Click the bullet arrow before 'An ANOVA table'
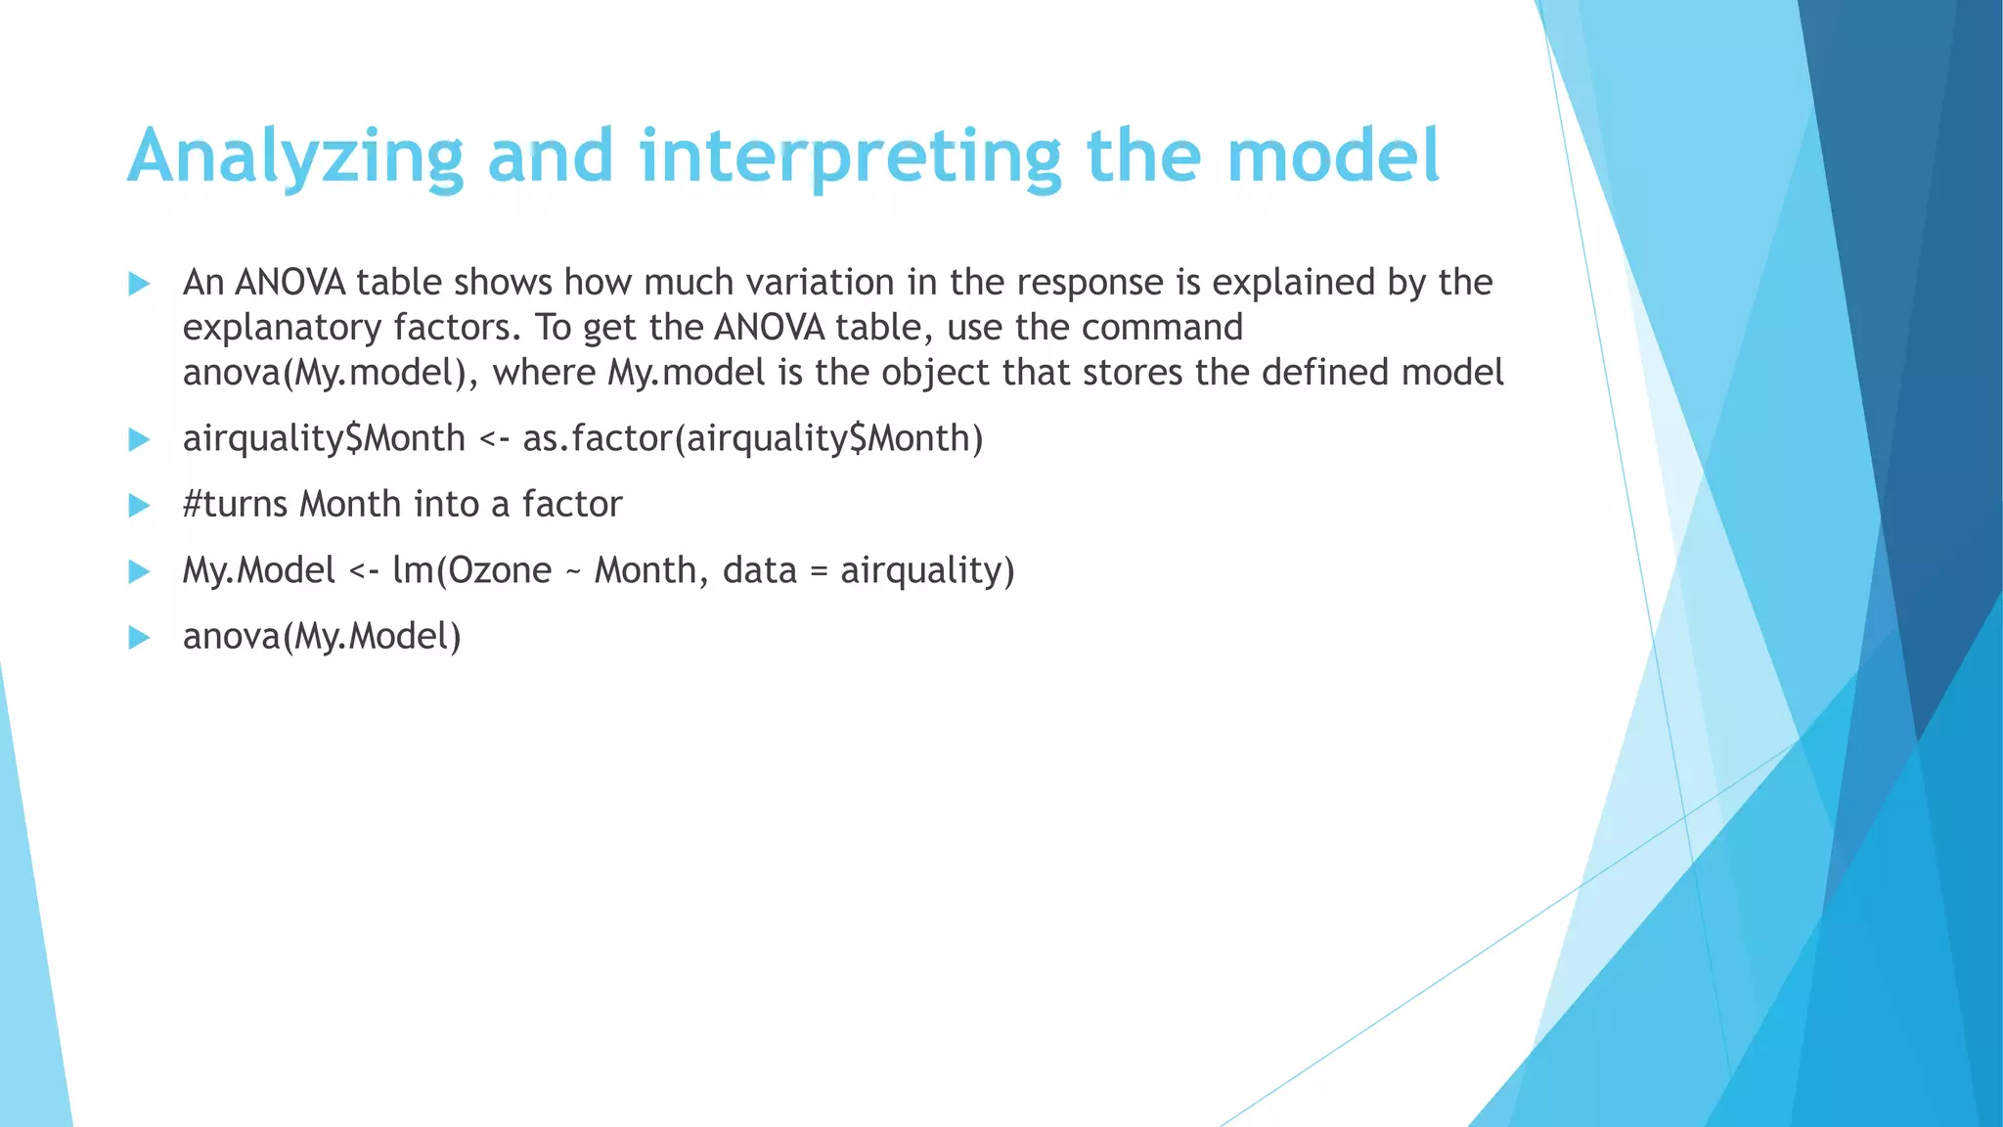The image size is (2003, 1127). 139,285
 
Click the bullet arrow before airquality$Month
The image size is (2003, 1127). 139,440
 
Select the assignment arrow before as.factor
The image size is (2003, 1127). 494,439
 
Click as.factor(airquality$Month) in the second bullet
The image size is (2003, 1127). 752,438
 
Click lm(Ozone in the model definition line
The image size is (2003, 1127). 471,570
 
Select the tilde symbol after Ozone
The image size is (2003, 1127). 573,571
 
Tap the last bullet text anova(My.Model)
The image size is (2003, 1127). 322,637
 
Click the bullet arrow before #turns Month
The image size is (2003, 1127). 139,506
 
